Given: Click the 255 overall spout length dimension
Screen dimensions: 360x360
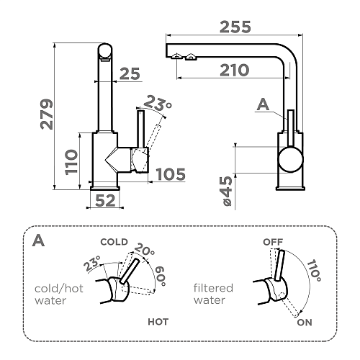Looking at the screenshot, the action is [x=235, y=27].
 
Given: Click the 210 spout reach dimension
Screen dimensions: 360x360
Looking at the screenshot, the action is [x=235, y=70].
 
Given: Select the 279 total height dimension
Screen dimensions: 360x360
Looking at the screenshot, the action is [x=47, y=114].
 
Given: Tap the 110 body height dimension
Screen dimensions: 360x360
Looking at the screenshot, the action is [x=71, y=162].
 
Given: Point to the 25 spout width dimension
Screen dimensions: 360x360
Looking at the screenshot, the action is [x=130, y=73].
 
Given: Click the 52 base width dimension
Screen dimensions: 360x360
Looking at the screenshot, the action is [x=105, y=200].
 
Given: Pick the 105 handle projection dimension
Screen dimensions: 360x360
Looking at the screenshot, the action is [x=171, y=174].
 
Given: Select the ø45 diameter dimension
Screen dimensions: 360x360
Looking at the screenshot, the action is [x=228, y=191].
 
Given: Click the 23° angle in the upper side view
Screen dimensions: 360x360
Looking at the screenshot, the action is [x=158, y=103].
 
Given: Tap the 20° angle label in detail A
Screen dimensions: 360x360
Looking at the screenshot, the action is [x=144, y=250].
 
